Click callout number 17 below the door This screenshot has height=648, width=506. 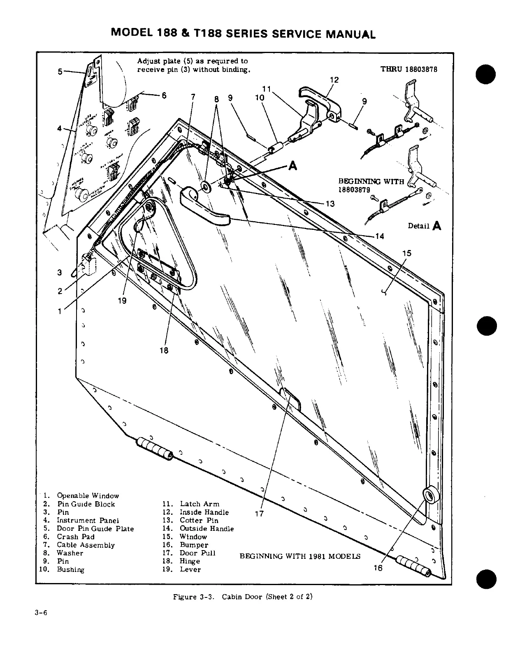259,514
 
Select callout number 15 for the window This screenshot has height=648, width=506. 406,253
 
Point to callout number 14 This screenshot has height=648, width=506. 379,236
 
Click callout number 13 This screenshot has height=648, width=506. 330,204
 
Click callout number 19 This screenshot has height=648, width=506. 122,301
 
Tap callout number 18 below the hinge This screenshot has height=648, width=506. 164,350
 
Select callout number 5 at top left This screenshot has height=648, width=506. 60,72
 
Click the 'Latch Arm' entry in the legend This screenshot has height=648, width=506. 200,504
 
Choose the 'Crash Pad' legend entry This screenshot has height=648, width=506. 75,537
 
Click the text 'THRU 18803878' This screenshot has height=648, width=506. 409,69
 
